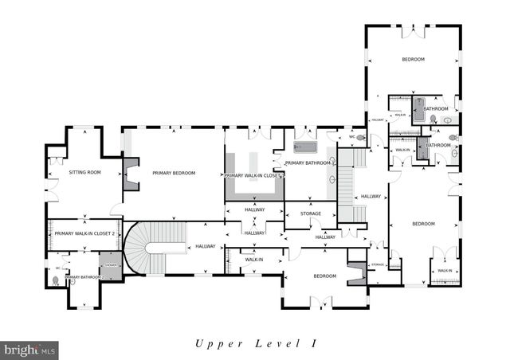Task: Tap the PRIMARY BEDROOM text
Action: tap(174, 172)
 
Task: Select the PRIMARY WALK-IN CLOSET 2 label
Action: tap(85, 233)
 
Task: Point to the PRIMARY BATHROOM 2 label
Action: tap(82, 277)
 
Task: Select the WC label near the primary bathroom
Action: tap(351, 136)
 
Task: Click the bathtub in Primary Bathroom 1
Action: tap(305, 147)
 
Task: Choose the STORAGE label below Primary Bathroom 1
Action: tap(311, 213)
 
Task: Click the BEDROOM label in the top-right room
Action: tap(413, 60)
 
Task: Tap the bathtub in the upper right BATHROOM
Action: tap(418, 109)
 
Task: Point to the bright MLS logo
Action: tap(30, 349)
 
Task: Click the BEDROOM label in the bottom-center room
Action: tap(324, 276)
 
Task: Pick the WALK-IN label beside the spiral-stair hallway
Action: tap(254, 260)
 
